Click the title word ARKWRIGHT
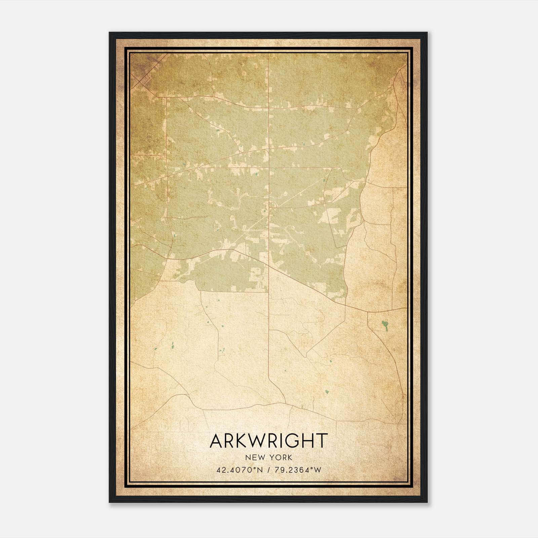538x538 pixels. [268, 441]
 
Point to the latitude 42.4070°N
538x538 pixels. [238, 470]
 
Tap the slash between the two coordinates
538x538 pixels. [268, 470]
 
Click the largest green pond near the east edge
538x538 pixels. [384, 325]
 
